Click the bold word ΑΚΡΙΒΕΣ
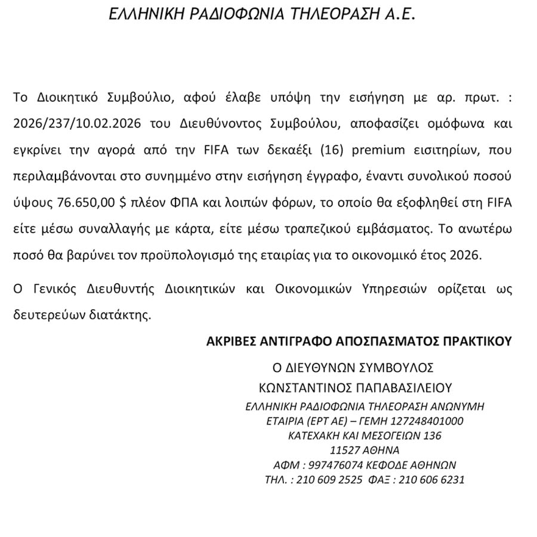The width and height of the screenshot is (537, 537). [233, 342]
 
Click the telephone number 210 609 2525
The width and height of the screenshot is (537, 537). [330, 479]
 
